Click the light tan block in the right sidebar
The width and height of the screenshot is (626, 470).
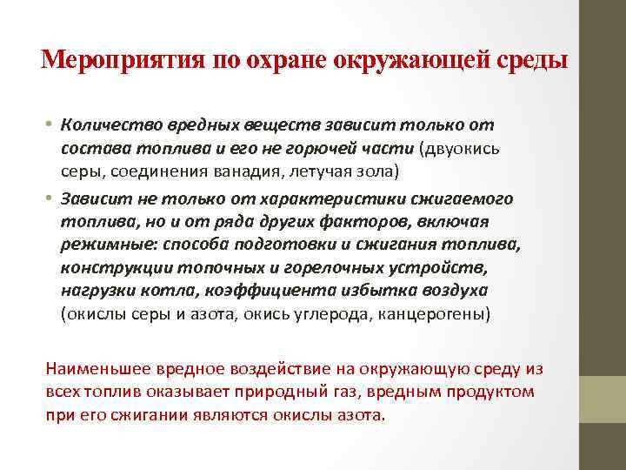pos(603,399)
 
